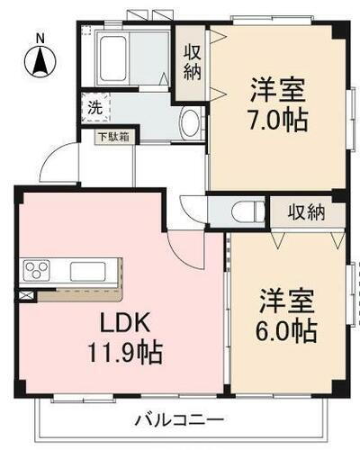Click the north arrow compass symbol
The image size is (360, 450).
40,61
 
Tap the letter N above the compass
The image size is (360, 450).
40,37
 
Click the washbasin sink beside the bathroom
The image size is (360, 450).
189,123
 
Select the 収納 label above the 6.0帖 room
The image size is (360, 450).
306,212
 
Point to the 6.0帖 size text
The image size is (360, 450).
286,331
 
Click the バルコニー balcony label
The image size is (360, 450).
180,419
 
